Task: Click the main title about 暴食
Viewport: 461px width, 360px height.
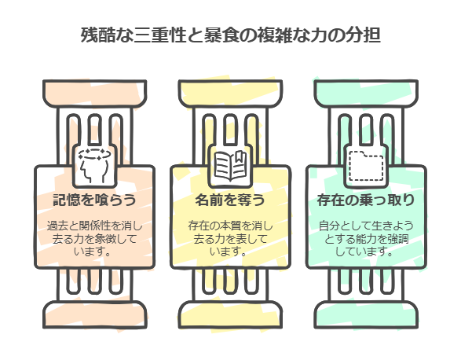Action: coord(231,35)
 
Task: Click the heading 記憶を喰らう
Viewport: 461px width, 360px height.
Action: coord(94,200)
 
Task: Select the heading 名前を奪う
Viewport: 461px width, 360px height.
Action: coord(230,200)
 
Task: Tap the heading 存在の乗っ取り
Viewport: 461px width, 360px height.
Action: coord(366,200)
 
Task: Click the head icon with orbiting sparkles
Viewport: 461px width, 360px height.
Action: coord(95,166)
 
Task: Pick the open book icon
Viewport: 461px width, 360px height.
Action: coord(230,166)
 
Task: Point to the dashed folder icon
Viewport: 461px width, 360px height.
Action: coord(366,166)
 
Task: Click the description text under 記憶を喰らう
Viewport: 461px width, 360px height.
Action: coord(94,239)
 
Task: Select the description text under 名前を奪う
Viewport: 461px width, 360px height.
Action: coord(230,239)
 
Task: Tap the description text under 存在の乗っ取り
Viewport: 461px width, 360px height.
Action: coord(366,239)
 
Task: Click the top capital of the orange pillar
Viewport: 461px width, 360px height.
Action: coord(95,94)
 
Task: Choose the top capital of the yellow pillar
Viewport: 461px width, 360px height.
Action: coord(231,94)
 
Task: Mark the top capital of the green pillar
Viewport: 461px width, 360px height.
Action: coord(366,94)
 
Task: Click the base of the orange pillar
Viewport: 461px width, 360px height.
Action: coord(95,314)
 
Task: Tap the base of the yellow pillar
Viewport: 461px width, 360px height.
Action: coord(231,314)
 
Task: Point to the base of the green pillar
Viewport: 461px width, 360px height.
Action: coord(366,314)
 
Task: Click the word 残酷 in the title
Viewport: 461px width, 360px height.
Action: coord(98,35)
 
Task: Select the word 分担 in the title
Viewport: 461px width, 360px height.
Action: coord(364,35)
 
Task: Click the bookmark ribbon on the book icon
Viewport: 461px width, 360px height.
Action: coord(239,157)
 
